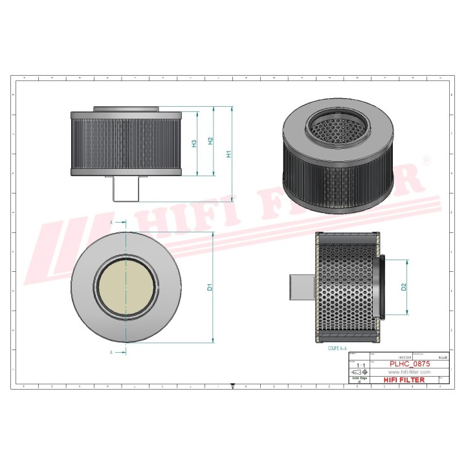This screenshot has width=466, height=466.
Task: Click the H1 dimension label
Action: pos(228,154)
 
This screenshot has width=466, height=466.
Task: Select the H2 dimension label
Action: pos(210,141)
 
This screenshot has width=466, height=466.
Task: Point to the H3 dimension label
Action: pos(194,143)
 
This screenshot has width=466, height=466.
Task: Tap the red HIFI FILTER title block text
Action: pos(406,381)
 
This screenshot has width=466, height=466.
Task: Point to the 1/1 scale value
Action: pos(361,366)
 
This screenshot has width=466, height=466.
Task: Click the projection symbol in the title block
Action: pos(359,373)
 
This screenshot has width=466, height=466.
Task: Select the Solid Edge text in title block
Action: pos(359,379)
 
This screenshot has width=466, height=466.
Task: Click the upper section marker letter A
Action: pos(111,222)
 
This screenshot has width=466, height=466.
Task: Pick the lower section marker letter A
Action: pos(111,352)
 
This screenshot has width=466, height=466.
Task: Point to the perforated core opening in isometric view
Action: pos(331,125)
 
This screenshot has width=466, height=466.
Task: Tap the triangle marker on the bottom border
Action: pos(232,386)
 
